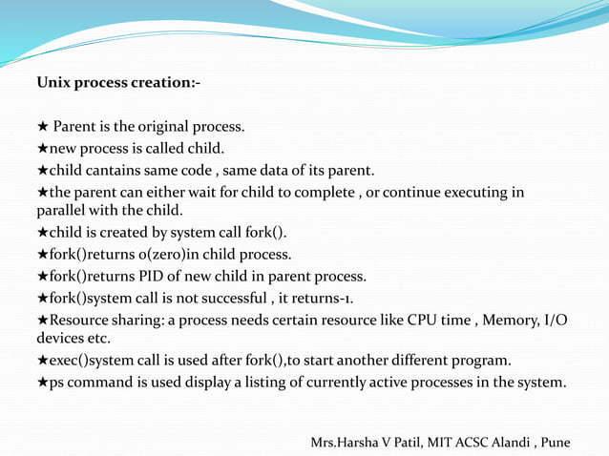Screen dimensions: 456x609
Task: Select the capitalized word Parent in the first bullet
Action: coord(74,127)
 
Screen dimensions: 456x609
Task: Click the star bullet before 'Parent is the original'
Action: coord(42,127)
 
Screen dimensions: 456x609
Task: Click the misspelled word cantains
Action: coord(108,171)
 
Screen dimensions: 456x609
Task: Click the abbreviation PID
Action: coord(152,277)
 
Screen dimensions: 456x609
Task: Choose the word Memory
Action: coord(514,321)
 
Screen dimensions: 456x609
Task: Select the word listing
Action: coord(247,383)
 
